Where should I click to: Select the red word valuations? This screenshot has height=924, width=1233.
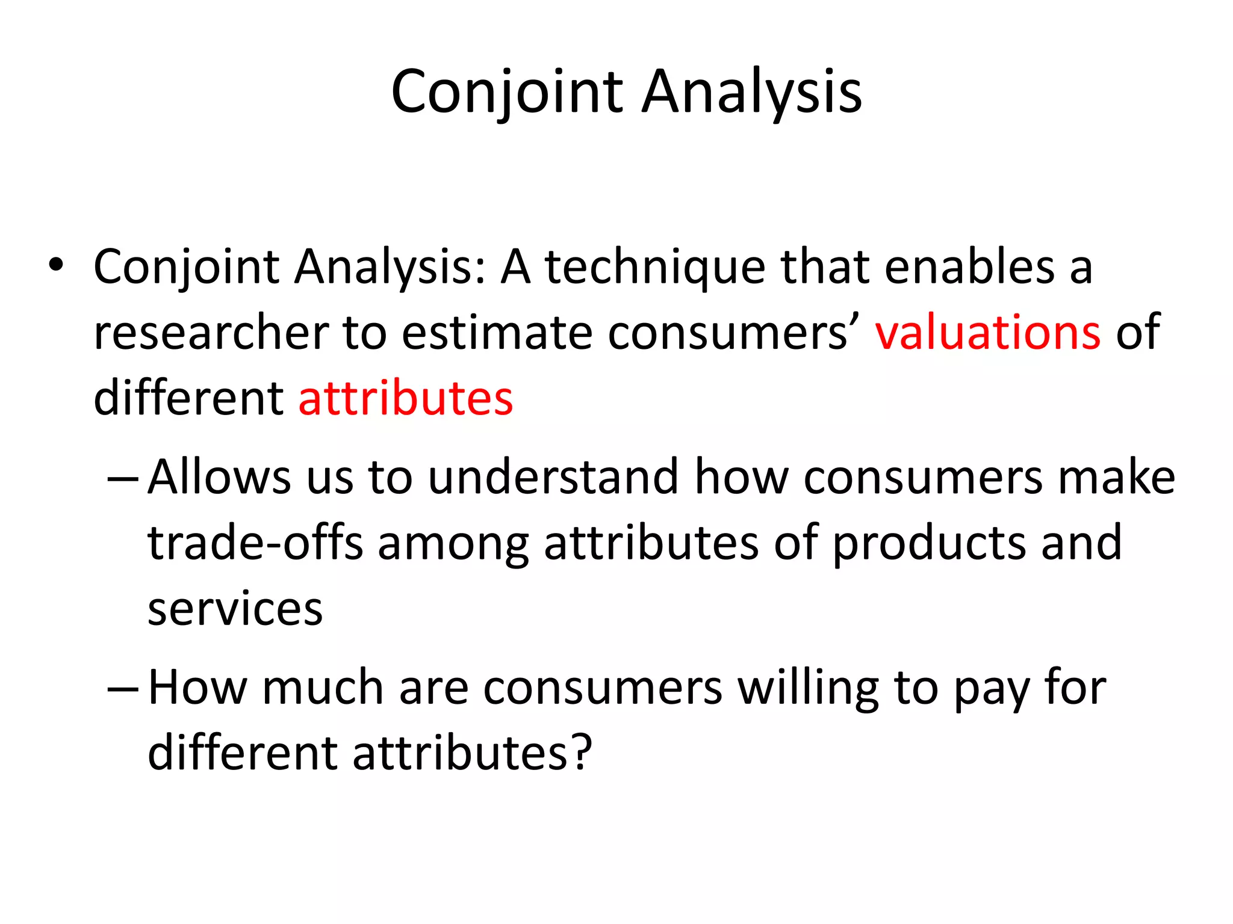[987, 332]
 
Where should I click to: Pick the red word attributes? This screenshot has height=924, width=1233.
[406, 398]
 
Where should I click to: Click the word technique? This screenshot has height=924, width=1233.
[656, 268]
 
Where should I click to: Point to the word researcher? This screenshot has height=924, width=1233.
[211, 333]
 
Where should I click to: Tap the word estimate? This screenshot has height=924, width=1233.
[497, 333]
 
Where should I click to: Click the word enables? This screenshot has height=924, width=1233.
[969, 266]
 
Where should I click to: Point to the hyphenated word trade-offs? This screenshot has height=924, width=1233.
[255, 543]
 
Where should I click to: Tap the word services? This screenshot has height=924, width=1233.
[235, 609]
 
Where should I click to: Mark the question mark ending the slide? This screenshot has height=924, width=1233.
[581, 753]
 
